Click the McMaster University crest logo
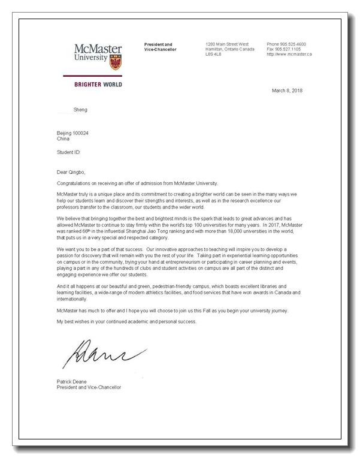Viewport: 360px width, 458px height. pos(115,61)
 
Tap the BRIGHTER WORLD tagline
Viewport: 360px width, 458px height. pos(98,85)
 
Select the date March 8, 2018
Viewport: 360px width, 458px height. pos(287,91)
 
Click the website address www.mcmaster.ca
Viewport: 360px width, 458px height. pos(289,54)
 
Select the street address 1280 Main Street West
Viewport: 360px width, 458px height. pos(227,44)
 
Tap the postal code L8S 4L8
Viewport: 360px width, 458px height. pos(213,54)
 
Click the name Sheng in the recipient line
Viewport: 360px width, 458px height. pos(80,110)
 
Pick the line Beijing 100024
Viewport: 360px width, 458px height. pos(72,133)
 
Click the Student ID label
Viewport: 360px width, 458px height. pos(68,153)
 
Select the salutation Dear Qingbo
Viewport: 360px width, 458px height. pos(72,172)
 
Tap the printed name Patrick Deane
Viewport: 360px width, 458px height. pos(72,382)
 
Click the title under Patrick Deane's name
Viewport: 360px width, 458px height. pos(89,387)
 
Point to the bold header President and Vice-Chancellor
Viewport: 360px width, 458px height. pos(159,47)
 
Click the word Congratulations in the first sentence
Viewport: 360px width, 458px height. pos(75,183)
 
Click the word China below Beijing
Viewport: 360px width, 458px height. pos(63,138)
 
